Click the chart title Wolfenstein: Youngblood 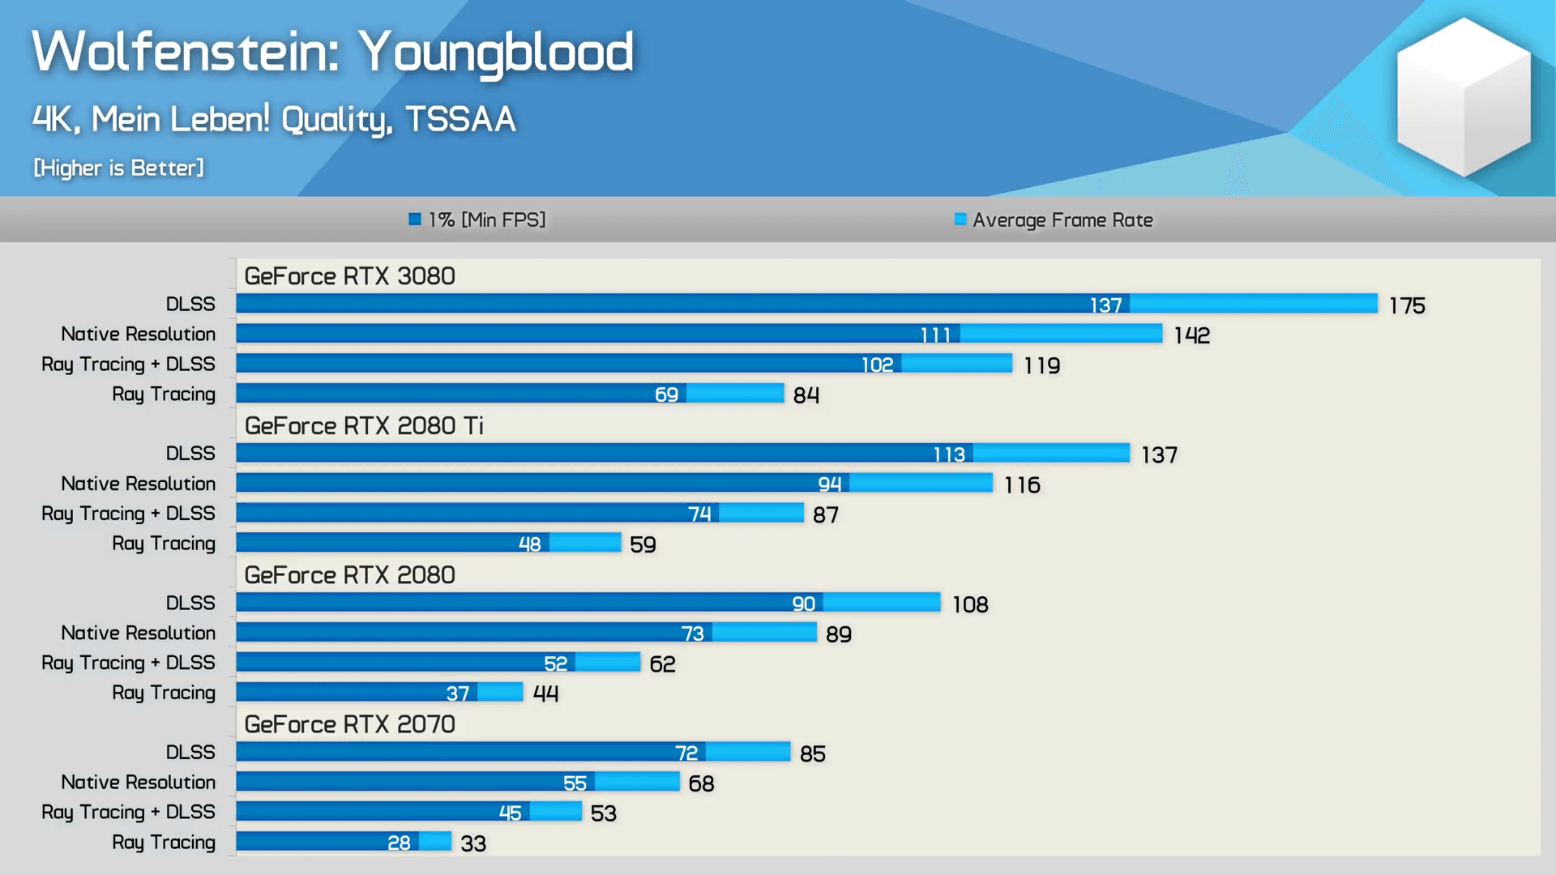tap(332, 52)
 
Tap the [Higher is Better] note tap(118, 168)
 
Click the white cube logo tap(1464, 97)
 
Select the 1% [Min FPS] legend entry tap(477, 220)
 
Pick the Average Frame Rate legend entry tap(1054, 220)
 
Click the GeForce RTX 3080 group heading tap(349, 276)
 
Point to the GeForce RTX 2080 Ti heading tap(364, 425)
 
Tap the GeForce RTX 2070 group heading tap(349, 724)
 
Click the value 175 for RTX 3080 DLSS tap(1407, 305)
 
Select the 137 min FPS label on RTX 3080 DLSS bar tap(1105, 305)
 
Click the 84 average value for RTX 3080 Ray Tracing tap(806, 395)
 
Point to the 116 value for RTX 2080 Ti tap(1022, 485)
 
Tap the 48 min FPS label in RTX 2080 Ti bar tap(529, 544)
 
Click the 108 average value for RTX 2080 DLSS tap(970, 604)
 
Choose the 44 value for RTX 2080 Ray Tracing tap(545, 694)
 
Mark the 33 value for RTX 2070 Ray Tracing tap(473, 843)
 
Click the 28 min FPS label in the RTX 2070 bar tap(399, 843)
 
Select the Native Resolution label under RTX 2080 tap(138, 633)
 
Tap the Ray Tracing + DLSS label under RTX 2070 tap(128, 812)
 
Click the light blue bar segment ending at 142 tap(1061, 334)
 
